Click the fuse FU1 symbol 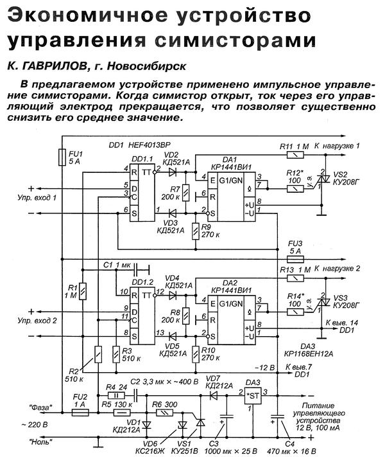pos(62,156)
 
